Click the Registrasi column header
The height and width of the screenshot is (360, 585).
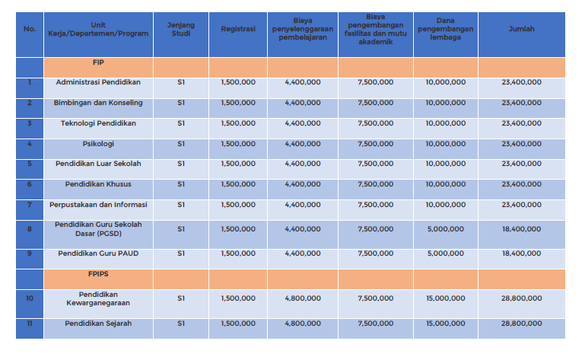(x=237, y=29)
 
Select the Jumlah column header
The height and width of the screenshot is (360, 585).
(x=521, y=29)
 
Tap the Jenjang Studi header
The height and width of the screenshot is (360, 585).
(x=180, y=29)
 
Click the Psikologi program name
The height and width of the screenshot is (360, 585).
(x=98, y=143)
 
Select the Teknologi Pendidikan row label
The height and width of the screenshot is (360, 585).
(x=98, y=123)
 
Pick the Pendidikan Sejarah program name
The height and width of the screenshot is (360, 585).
(x=98, y=323)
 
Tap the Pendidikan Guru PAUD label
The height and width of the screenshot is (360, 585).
(x=98, y=253)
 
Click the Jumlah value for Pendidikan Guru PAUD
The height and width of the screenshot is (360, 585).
(x=521, y=253)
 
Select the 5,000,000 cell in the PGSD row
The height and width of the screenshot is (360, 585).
(x=445, y=228)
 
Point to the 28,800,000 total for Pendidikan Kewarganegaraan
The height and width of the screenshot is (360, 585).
(x=521, y=298)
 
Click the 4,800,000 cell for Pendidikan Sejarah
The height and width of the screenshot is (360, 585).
(x=302, y=323)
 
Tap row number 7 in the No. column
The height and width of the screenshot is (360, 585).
(x=30, y=204)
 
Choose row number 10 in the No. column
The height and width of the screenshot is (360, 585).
(x=30, y=298)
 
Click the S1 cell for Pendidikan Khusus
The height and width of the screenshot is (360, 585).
(x=180, y=183)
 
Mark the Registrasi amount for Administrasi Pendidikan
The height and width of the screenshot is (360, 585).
(x=237, y=81)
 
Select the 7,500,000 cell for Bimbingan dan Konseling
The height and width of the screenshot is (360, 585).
(x=375, y=102)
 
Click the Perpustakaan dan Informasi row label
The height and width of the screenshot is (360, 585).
(x=98, y=204)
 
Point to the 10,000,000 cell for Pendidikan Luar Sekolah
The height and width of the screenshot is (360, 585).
(x=445, y=164)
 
